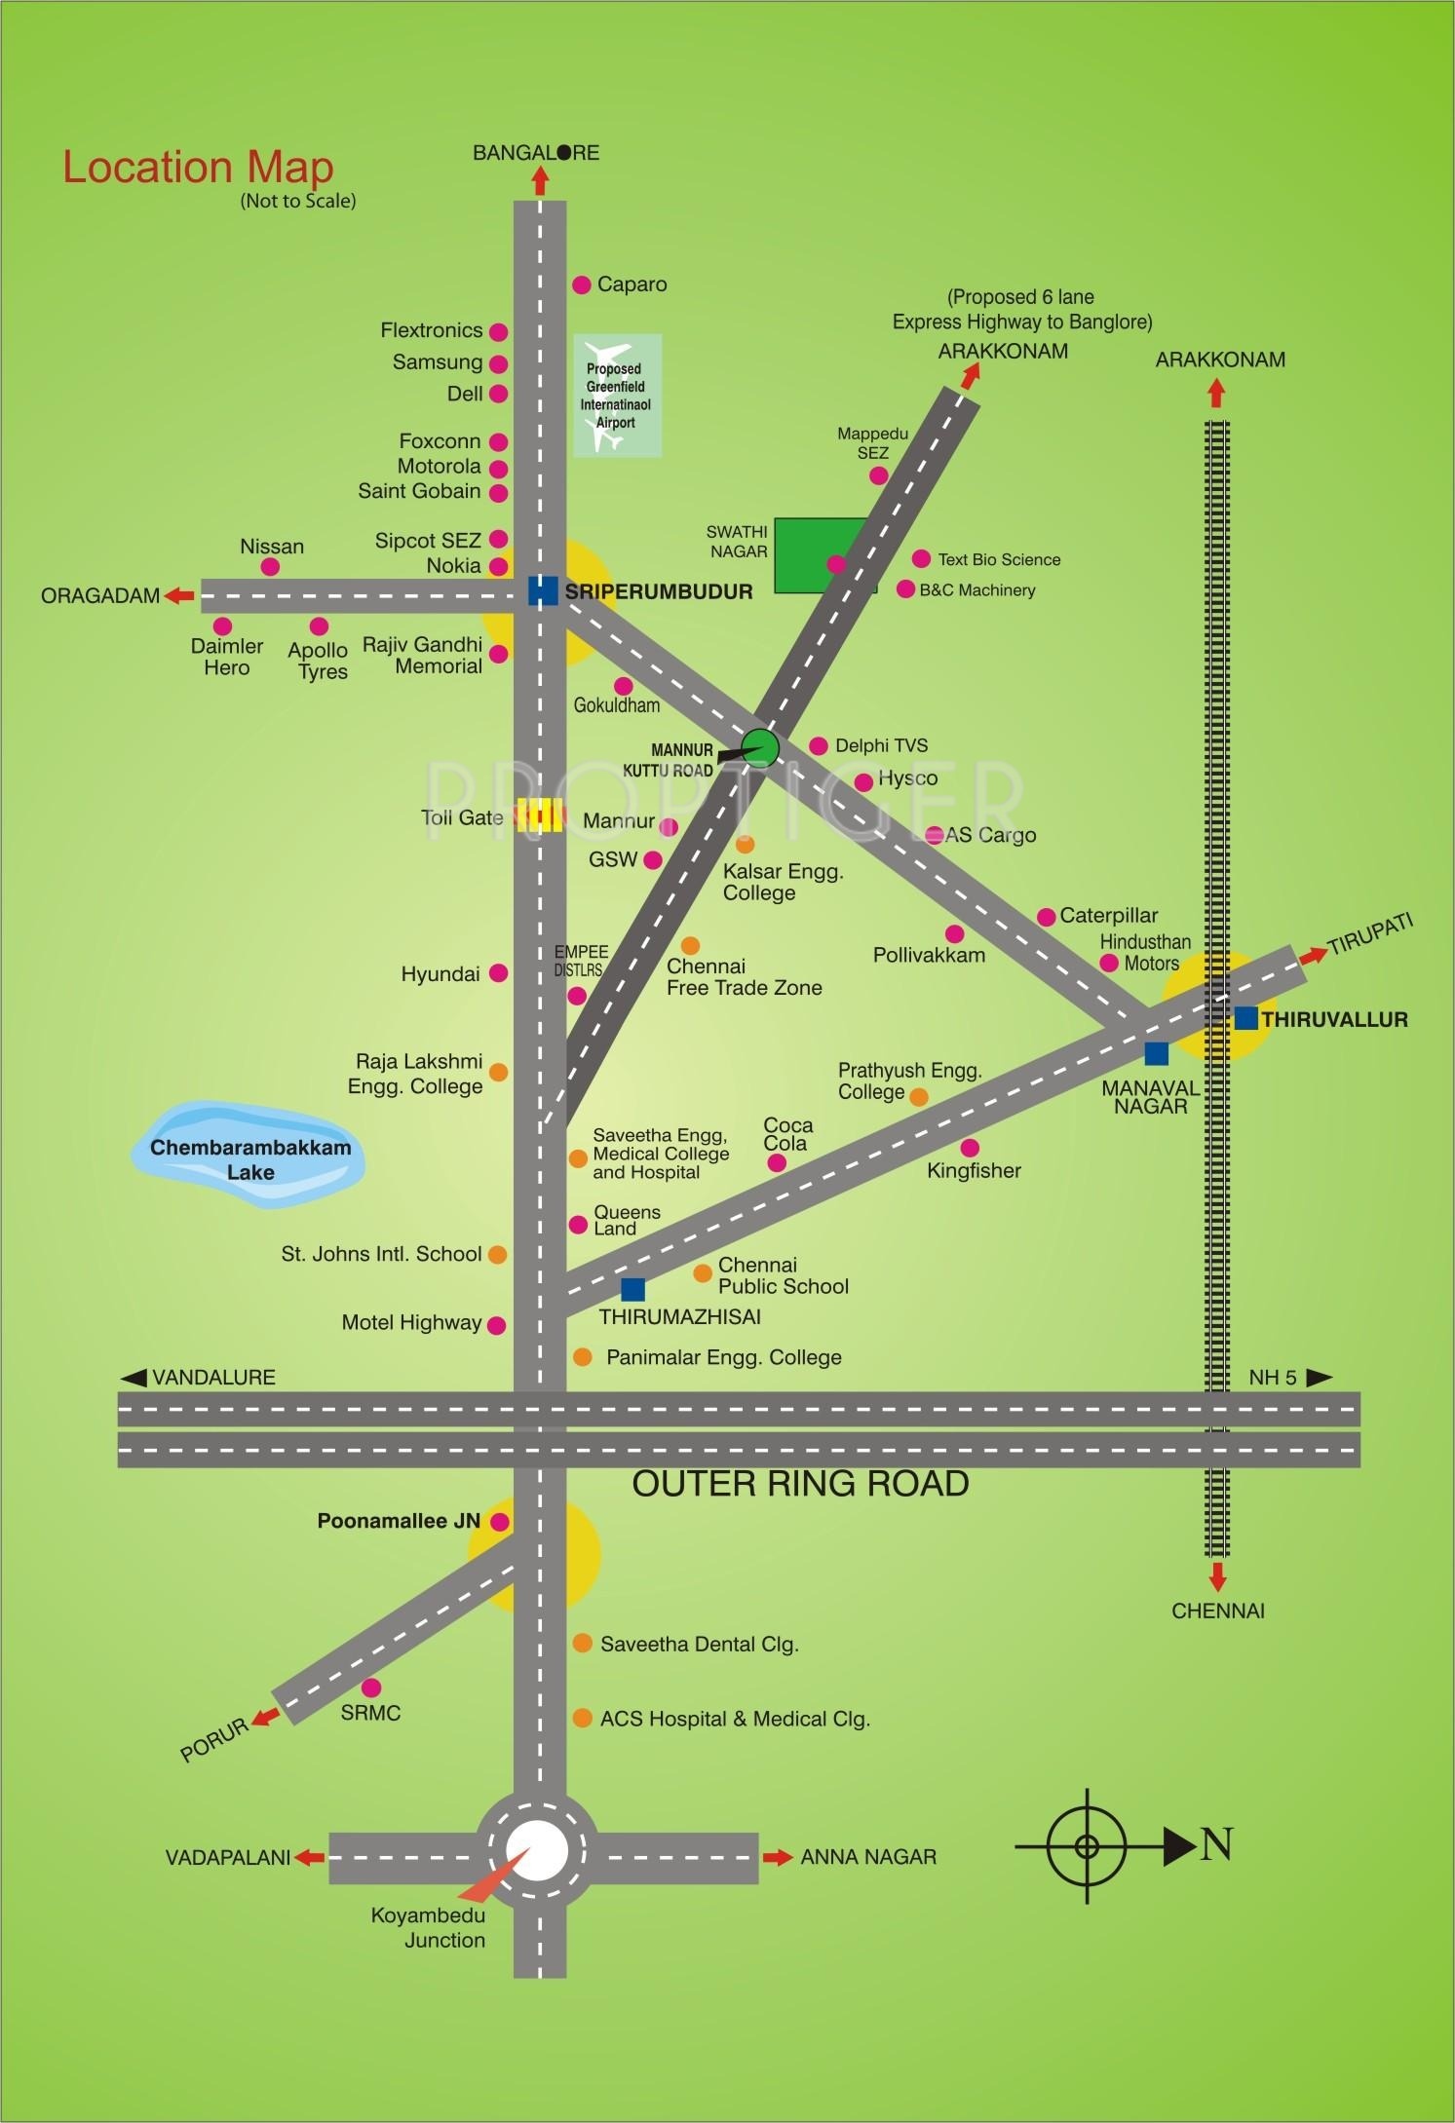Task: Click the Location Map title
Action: (198, 168)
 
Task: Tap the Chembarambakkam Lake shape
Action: (249, 1155)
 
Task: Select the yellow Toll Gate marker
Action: (540, 815)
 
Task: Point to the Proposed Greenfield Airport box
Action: (617, 396)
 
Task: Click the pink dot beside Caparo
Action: (582, 285)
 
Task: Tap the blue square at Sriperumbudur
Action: (542, 591)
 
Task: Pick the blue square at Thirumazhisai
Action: (632, 1289)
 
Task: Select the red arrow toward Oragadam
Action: (179, 595)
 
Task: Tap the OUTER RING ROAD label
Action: (800, 1484)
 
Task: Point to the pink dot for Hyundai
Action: (498, 972)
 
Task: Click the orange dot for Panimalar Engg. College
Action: (582, 1356)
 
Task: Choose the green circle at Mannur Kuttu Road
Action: (760, 747)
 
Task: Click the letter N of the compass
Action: (1217, 1844)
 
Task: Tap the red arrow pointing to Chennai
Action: (1217, 1574)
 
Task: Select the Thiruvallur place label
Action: (1334, 1019)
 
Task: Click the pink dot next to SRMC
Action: (371, 1687)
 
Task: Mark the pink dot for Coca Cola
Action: (777, 1162)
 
